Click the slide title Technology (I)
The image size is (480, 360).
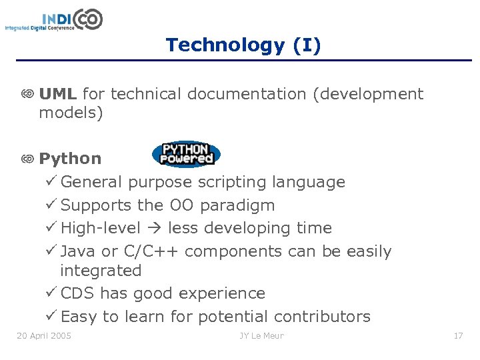click(x=243, y=45)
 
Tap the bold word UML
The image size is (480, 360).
click(x=58, y=94)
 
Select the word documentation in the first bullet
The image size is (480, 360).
click(x=247, y=94)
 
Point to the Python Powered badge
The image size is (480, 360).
click(x=186, y=154)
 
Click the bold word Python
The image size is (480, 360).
click(x=70, y=159)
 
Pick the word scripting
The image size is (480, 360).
click(x=227, y=182)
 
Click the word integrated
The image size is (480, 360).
click(x=101, y=271)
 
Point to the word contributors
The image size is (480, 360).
click(x=322, y=317)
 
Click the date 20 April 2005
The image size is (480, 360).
click(x=44, y=335)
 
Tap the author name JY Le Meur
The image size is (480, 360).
click(x=261, y=335)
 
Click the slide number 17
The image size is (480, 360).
click(x=458, y=335)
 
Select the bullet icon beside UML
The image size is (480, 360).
click(x=27, y=95)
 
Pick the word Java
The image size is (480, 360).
click(x=78, y=251)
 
